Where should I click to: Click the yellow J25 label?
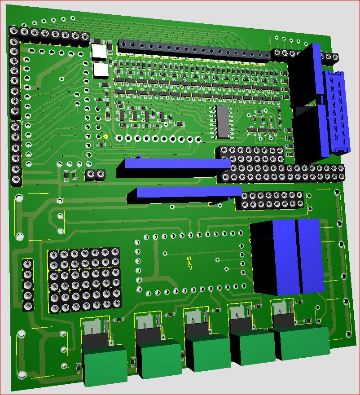189,263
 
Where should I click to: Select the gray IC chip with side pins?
223,122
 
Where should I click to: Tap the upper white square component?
99,52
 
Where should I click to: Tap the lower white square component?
101,70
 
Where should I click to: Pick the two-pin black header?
95,174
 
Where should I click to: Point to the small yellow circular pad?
105,137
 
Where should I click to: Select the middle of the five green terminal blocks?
209,353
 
